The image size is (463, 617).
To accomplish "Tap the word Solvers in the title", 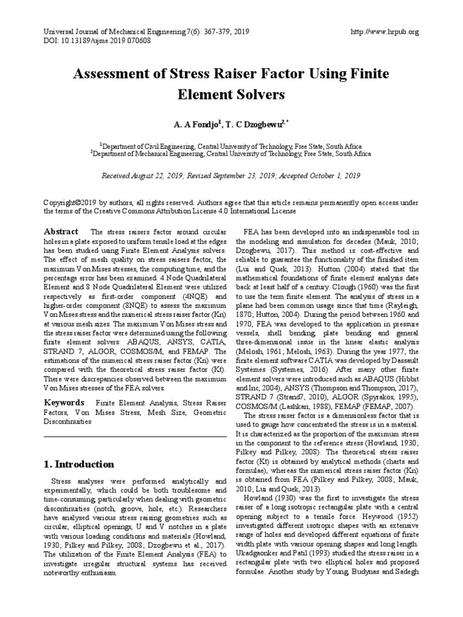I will click(x=258, y=95).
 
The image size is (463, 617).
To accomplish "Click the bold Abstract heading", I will click(x=61, y=232).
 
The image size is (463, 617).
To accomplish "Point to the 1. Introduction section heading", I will click(x=79, y=465).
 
